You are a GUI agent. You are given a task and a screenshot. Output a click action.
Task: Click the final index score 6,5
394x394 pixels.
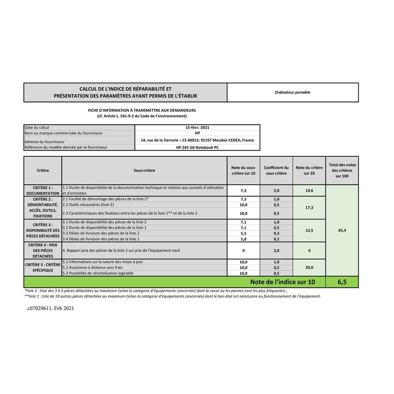pos(342,282)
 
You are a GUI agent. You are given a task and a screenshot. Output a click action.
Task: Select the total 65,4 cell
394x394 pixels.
pos(342,231)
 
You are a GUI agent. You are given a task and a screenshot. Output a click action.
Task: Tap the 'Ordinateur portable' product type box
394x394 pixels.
pos(292,92)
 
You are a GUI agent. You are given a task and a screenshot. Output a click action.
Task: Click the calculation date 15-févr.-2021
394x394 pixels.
pos(197,127)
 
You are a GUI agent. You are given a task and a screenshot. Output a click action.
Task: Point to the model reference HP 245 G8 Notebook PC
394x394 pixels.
pos(197,147)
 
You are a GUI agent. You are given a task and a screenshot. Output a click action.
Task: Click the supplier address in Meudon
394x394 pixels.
pos(197,140)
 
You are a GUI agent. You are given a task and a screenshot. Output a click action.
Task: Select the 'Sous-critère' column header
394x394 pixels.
pos(145,170)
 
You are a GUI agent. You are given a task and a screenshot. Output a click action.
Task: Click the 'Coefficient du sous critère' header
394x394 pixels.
pos(276,170)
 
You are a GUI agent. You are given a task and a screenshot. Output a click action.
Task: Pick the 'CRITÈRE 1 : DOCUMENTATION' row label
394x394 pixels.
pos(43,190)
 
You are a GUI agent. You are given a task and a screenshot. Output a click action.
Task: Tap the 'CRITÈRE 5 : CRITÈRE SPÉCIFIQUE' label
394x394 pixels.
pos(43,267)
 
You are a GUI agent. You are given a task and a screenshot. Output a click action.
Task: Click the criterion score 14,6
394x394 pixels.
pos(309,190)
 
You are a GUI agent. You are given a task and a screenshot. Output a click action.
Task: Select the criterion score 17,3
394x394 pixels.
pos(309,207)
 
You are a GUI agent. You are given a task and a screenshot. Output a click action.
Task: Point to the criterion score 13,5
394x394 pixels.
pos(309,231)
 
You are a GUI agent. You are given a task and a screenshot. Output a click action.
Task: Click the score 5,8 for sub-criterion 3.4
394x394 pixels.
pos(244,239)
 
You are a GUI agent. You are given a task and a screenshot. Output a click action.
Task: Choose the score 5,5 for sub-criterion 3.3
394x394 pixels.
pos(244,233)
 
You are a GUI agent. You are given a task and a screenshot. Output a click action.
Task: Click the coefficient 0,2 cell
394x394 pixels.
pos(276,239)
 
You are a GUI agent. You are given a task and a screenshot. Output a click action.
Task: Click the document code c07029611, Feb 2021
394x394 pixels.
pos(51,308)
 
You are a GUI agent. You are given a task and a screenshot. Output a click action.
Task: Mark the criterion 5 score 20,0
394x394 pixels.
pos(309,267)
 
